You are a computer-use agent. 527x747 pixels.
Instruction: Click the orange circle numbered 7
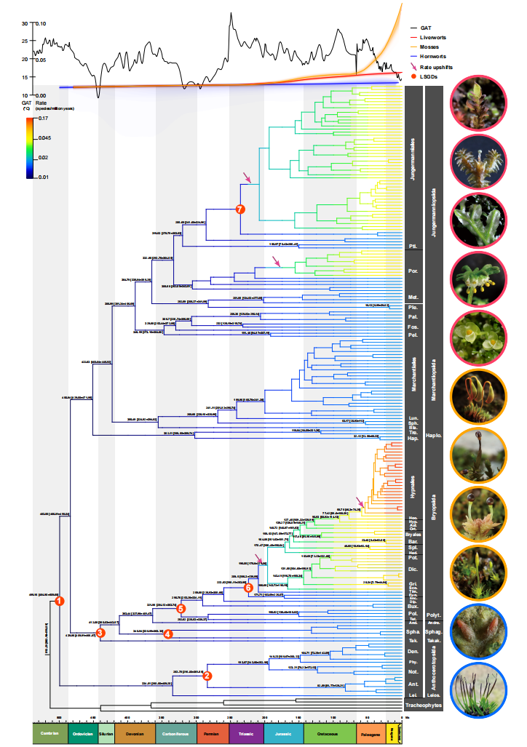tap(241, 209)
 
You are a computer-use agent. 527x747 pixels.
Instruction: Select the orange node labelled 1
tap(60, 601)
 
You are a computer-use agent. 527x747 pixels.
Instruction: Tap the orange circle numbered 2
tap(207, 676)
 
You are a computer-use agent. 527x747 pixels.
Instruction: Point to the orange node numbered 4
tap(169, 634)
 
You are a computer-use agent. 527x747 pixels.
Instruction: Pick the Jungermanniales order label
tap(413, 167)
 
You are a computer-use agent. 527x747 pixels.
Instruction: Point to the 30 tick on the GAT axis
tap(24, 23)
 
